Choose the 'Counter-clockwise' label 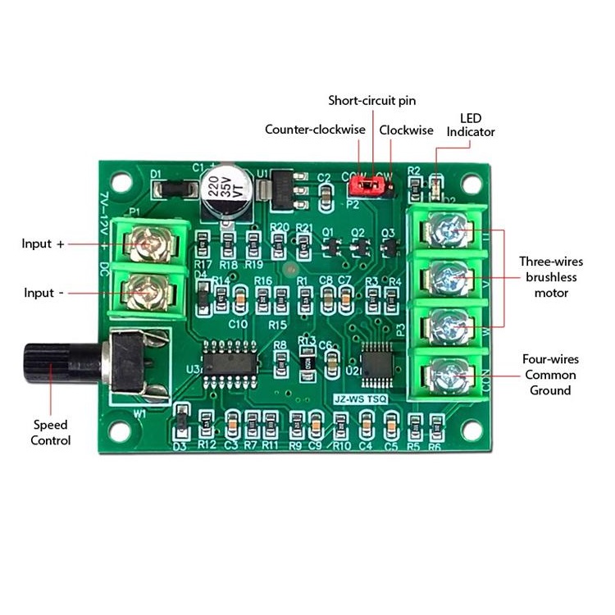point(315,130)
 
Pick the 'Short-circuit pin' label point(372,101)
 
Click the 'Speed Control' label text point(51,433)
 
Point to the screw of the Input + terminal point(150,244)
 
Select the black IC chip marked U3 point(230,362)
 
